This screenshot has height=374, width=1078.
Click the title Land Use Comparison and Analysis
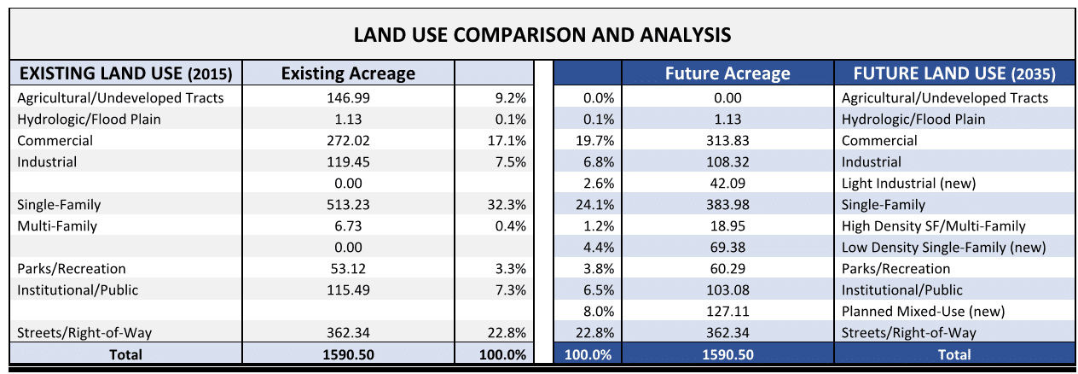542,35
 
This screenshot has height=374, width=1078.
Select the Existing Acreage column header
348,73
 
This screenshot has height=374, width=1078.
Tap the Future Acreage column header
727,73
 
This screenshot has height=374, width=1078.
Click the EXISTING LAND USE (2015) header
125,73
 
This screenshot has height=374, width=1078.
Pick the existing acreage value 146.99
348,98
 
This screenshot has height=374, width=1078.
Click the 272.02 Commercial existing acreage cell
348,141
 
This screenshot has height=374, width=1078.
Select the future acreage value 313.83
727,141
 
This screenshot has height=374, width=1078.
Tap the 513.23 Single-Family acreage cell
348,205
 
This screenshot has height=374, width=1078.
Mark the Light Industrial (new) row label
908,184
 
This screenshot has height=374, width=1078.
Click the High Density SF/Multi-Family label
933,226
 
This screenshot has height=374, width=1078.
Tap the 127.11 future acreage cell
727,312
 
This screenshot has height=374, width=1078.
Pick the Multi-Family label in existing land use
57,226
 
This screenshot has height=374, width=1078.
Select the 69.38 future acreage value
727,248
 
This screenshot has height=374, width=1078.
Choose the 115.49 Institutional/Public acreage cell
348,290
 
